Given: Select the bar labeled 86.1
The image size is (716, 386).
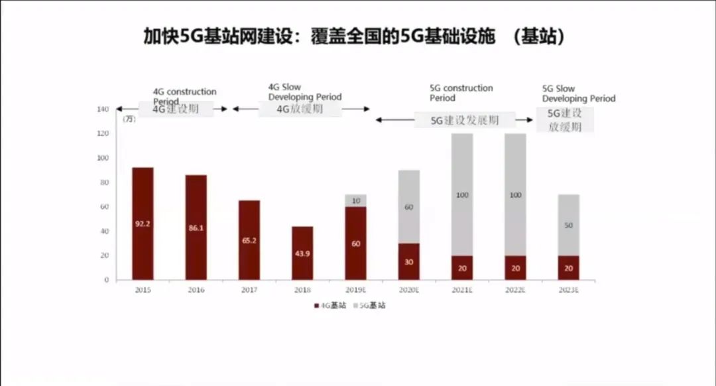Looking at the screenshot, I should point(196,227).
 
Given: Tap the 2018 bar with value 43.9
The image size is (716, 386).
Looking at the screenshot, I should point(302,253).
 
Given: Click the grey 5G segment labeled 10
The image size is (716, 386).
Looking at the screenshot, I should point(356,200).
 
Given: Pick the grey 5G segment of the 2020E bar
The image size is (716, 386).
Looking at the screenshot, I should point(409,207).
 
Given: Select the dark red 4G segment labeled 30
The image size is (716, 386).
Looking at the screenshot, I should point(409,261).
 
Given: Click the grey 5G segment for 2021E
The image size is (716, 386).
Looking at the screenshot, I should point(462,194).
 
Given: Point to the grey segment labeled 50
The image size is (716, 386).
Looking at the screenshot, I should point(569,225).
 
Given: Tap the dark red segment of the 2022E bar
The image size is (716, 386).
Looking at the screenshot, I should point(515,267).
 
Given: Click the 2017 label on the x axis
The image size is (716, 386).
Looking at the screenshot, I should point(249,290).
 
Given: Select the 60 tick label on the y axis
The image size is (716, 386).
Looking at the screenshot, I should point(104,207).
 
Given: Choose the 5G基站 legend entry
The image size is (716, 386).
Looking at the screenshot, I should point(371,306).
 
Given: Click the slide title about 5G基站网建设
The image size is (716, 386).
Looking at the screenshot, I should point(355,36).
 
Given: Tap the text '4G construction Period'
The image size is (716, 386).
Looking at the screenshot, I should point(184,96).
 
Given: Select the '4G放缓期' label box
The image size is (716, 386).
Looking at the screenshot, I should point(299,109).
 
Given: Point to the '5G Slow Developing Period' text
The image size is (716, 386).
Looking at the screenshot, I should point(578,94).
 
